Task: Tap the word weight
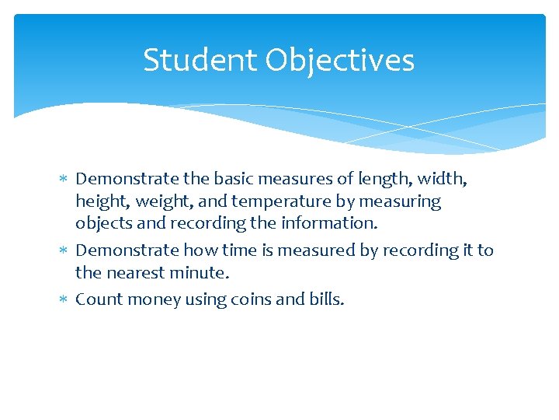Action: [161, 202]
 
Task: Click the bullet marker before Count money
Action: [64, 299]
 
